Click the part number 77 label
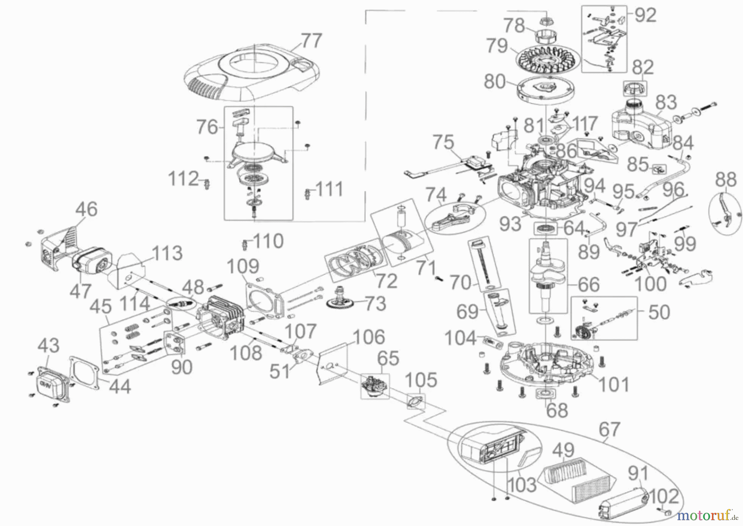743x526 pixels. pyautogui.click(x=311, y=41)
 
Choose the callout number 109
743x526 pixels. pyautogui.click(x=243, y=267)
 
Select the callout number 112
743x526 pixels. pyautogui.click(x=183, y=179)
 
